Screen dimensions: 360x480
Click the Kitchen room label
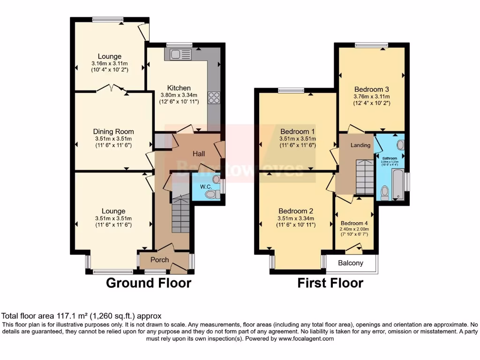pyautogui.click(x=179, y=88)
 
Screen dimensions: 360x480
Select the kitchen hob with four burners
pyautogui.click(x=214, y=97)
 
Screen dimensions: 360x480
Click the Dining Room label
pyautogui.click(x=113, y=131)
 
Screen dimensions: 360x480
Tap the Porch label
pyautogui.click(x=159, y=259)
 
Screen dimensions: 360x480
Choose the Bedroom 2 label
pyautogui.click(x=295, y=210)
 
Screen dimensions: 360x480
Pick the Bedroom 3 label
pyautogui.click(x=372, y=89)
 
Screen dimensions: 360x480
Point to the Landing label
pyautogui.click(x=361, y=145)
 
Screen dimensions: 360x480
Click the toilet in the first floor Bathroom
pyautogui.click(x=384, y=192)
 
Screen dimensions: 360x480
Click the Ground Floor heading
pyautogui.click(x=149, y=283)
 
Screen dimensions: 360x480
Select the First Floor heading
pyautogui.click(x=330, y=283)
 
